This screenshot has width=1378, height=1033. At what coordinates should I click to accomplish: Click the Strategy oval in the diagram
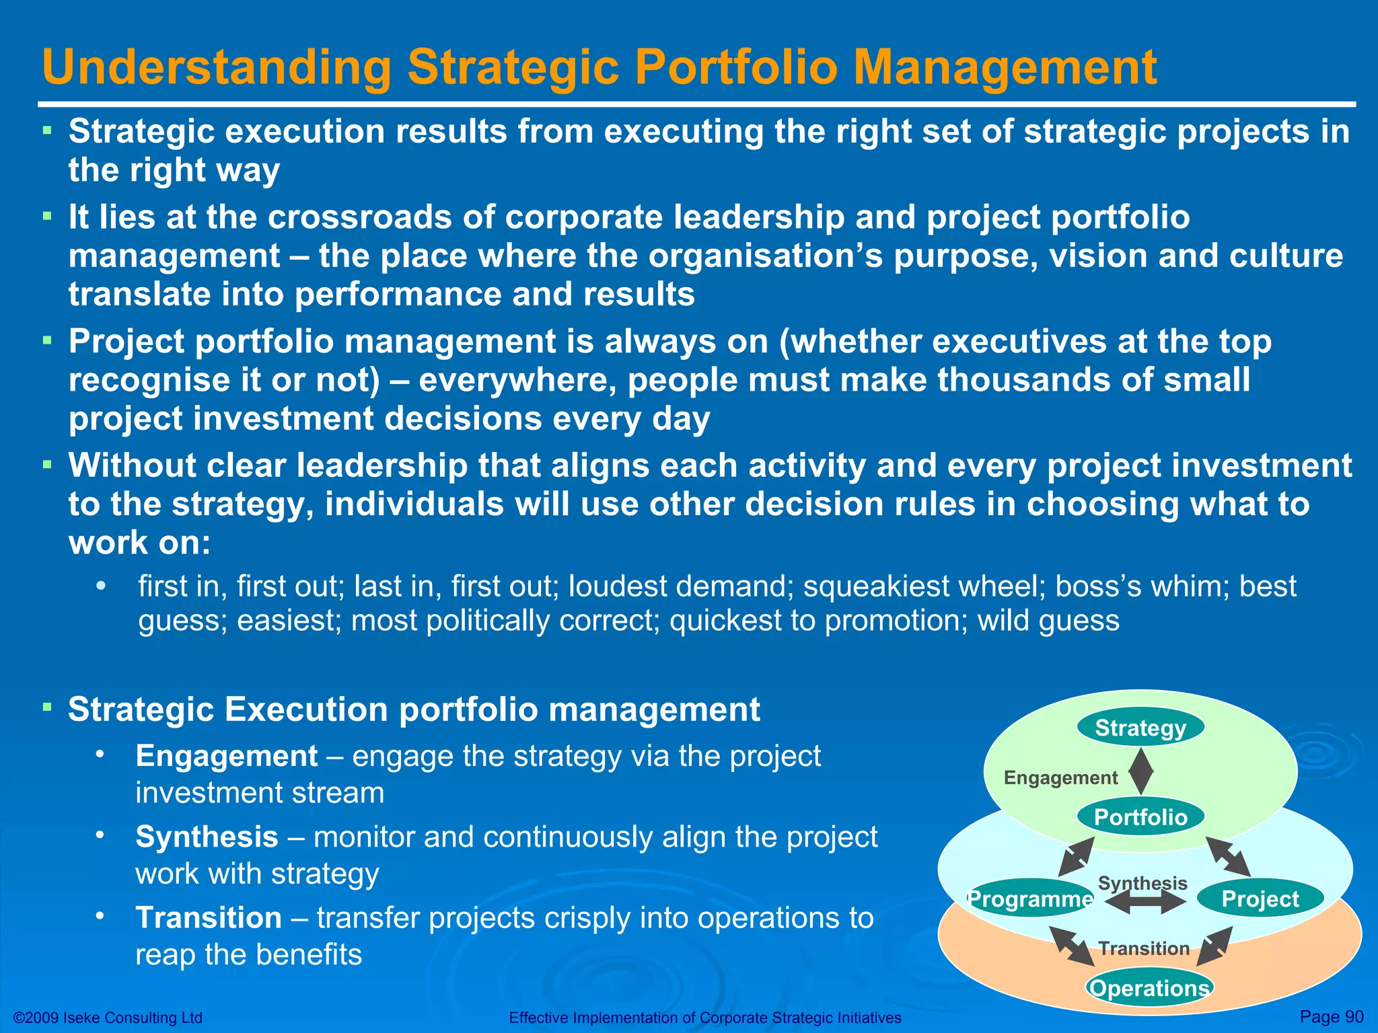click(x=1140, y=728)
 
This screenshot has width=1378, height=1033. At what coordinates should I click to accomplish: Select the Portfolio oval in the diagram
click(x=1140, y=817)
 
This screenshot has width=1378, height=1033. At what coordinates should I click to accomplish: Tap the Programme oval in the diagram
click(x=1029, y=898)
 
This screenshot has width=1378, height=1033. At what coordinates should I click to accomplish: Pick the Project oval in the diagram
click(x=1260, y=898)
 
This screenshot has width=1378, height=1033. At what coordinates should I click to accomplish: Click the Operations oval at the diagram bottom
click(x=1149, y=988)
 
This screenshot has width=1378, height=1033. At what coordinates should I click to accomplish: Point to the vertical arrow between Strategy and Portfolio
click(x=1140, y=772)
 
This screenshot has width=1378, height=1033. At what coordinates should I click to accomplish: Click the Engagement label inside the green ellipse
click(x=1060, y=778)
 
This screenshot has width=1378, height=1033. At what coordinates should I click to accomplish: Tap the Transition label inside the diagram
click(x=1144, y=948)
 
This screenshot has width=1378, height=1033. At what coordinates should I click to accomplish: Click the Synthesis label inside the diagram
click(x=1143, y=882)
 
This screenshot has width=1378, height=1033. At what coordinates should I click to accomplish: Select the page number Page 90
click(x=1331, y=1016)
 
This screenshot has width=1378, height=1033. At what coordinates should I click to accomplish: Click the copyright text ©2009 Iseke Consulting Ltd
click(x=108, y=1018)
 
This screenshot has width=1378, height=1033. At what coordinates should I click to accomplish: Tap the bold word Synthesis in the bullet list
click(x=207, y=837)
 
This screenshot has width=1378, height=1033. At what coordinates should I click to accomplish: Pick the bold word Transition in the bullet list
click(x=209, y=918)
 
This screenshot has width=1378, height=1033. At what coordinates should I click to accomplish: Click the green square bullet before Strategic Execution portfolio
click(x=47, y=707)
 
